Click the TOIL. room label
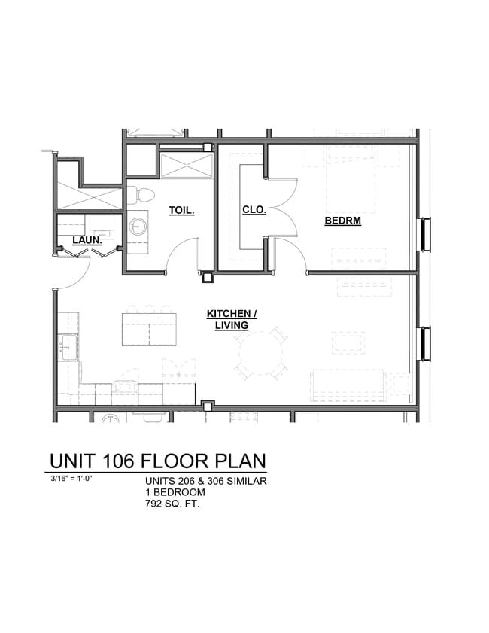point(182,212)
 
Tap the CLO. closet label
point(254,211)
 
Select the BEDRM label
point(343,221)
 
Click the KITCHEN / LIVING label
point(232,319)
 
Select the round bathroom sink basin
point(138,225)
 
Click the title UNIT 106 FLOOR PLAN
point(157,461)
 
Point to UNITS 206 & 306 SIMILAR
point(205,482)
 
